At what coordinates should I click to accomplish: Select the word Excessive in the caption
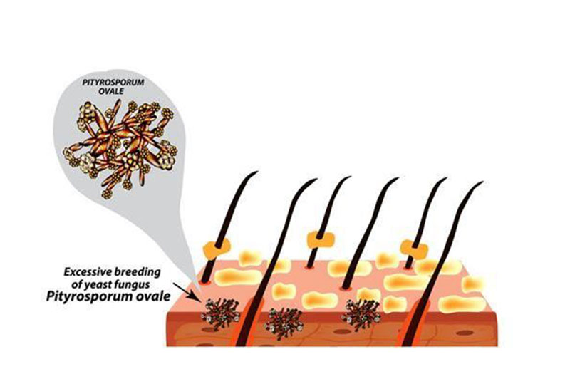88,272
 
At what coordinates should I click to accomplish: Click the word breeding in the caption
140,272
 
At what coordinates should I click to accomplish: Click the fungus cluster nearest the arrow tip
220,312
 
